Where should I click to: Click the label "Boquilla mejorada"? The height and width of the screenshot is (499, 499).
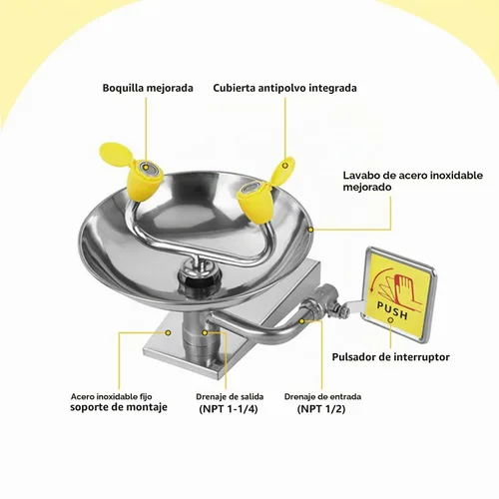tap(148, 88)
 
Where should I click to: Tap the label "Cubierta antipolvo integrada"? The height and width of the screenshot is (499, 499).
tap(284, 88)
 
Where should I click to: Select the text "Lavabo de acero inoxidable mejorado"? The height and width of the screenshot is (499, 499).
tap(413, 181)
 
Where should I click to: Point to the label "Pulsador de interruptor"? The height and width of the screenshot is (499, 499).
tap(390, 357)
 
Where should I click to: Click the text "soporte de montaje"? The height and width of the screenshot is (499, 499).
tap(119, 407)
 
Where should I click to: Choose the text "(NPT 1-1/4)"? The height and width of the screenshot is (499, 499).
tap(229, 409)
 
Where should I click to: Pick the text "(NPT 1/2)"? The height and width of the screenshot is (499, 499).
tap(321, 409)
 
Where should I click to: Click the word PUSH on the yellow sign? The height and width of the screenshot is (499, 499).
tap(393, 309)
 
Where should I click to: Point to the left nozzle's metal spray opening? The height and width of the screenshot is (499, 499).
tap(148, 168)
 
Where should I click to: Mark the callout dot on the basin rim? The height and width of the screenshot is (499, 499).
tap(310, 230)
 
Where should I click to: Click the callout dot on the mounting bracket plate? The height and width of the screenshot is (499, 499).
tap(169, 332)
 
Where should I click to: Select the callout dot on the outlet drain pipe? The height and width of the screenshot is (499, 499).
tap(205, 332)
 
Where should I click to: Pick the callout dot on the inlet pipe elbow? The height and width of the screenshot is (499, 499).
tap(301, 321)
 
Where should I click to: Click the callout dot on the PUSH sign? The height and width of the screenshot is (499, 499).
tap(390, 319)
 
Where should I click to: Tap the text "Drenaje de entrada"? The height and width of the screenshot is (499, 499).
tap(322, 396)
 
